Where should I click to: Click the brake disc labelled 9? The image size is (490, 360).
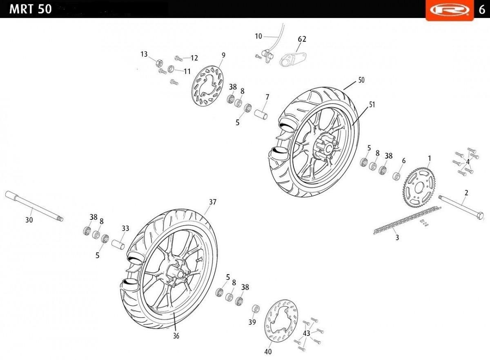208,86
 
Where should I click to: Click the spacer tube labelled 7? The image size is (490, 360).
261,113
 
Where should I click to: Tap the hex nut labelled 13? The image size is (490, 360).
159,63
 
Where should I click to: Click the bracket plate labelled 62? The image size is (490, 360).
293,57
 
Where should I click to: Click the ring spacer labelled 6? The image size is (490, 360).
396,177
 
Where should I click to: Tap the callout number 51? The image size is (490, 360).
372,105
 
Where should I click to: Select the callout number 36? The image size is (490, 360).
176,336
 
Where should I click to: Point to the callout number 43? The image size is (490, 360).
307,333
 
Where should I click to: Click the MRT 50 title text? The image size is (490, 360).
30,9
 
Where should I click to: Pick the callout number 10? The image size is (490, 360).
258,36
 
